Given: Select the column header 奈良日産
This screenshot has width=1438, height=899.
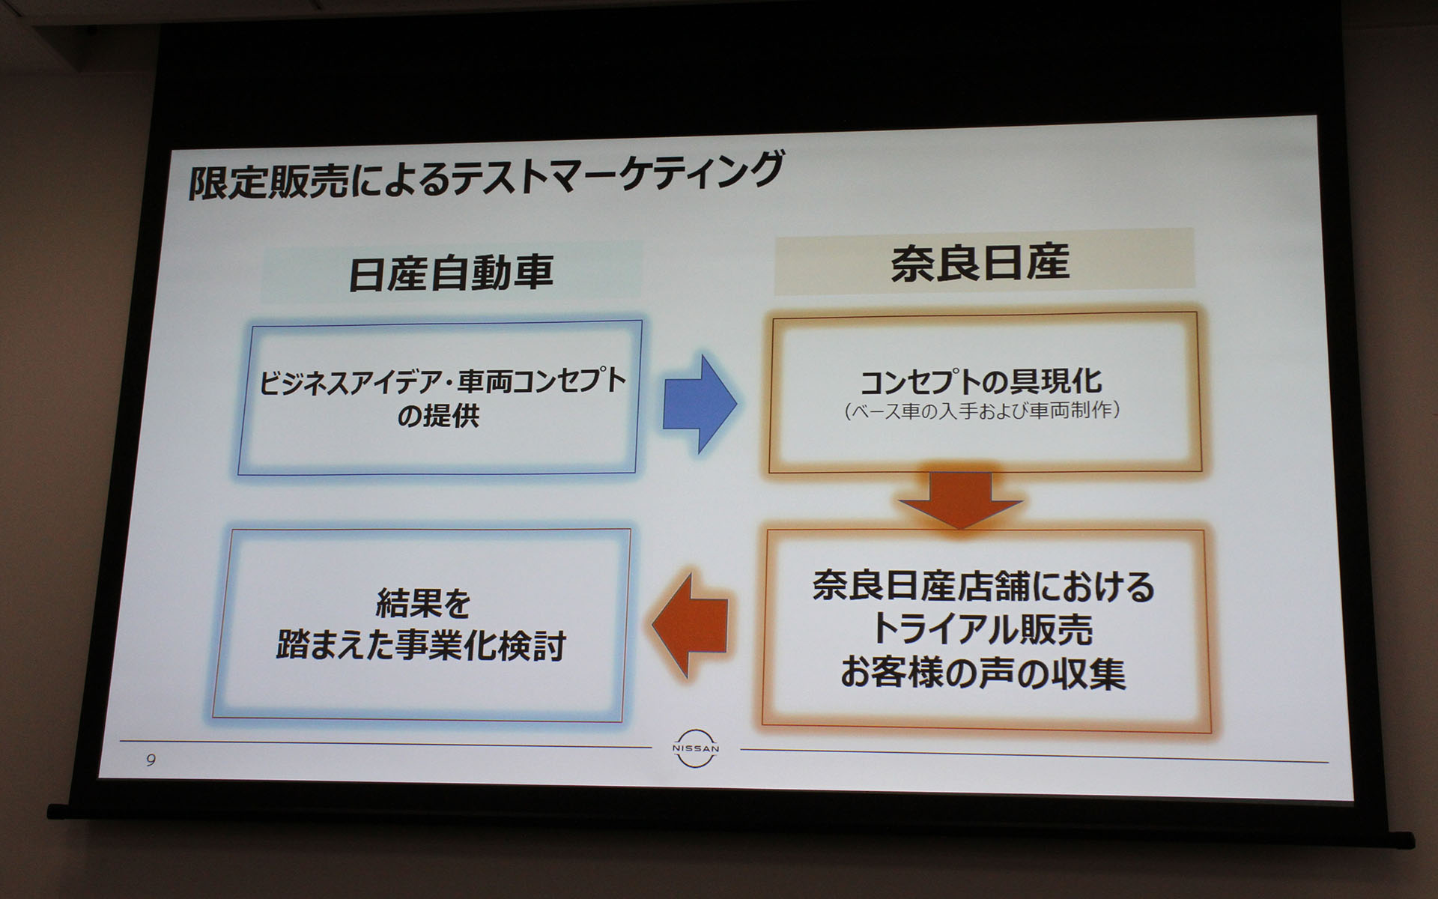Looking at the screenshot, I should [x=980, y=263].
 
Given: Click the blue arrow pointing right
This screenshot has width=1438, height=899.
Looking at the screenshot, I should [x=699, y=403].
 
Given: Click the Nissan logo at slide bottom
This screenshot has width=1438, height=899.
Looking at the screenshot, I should [x=695, y=748].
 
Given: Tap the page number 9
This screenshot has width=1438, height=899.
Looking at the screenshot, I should [x=151, y=760].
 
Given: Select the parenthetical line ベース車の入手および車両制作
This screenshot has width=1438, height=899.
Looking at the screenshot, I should [x=981, y=411].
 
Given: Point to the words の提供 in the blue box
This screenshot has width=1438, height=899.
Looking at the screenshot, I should [x=437, y=415].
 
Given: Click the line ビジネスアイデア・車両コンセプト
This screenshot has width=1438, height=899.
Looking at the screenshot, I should [x=442, y=381].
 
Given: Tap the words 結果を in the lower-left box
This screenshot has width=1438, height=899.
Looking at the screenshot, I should [x=422, y=603].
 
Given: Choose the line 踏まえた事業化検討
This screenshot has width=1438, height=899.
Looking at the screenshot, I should [x=421, y=646].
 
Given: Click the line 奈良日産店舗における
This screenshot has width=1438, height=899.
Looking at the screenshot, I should [x=983, y=587].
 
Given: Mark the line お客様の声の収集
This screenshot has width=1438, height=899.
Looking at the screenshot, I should [x=983, y=673].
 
